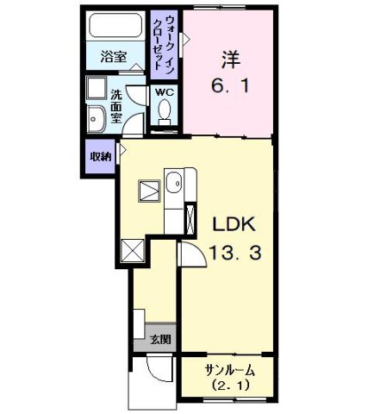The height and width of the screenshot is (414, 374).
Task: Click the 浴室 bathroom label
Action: point(112,59)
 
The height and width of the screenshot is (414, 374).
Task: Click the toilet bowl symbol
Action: point(163,111)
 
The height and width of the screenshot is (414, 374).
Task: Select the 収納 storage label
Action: point(100,157)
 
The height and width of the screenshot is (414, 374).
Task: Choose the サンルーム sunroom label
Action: point(228,370)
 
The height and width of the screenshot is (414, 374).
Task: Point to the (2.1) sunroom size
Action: point(228,386)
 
